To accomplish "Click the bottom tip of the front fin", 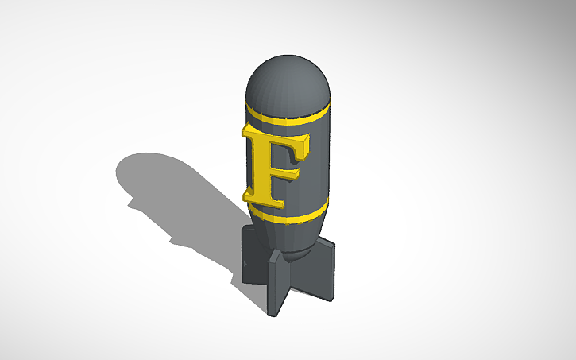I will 275,314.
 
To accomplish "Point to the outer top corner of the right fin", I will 333,243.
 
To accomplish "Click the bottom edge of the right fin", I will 326,298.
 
